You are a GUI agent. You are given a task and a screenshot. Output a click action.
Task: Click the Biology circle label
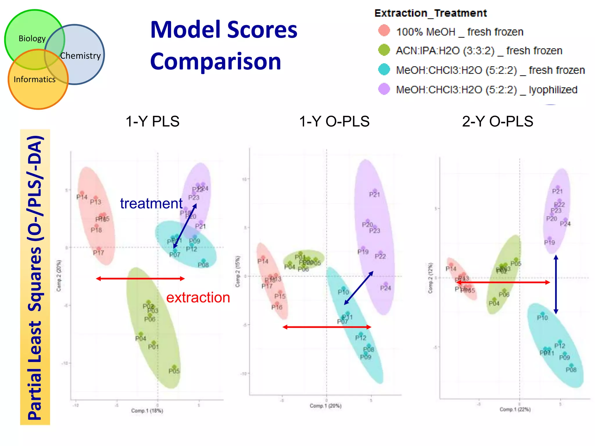point(32,38)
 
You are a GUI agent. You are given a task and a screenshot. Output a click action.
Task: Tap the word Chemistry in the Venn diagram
point(80,55)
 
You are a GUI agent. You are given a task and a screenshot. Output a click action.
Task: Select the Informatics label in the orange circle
point(34,79)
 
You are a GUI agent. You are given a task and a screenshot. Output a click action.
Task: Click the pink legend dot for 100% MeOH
point(384,31)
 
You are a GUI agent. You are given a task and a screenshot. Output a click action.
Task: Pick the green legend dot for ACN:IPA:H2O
point(384,50)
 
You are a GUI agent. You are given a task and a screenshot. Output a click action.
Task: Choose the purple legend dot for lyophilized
point(384,89)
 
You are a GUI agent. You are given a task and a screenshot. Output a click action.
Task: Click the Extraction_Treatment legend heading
point(430,13)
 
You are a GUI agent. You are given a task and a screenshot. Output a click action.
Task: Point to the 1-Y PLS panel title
point(152,121)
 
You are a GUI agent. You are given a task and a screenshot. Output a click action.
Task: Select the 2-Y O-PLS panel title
point(497,121)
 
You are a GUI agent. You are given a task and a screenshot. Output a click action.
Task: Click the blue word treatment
point(151,203)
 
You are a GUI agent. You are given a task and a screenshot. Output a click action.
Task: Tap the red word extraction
point(198,298)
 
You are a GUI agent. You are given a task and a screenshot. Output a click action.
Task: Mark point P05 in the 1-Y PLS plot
point(174,367)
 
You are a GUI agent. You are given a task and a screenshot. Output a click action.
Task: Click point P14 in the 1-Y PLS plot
point(82,193)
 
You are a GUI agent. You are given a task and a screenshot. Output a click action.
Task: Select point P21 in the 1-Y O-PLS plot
point(375,191)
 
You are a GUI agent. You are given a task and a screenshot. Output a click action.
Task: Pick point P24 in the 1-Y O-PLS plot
point(386,284)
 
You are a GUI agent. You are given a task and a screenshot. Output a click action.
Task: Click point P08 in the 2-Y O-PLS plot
point(571,366)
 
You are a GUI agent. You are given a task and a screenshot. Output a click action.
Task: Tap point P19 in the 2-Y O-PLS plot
point(549,239)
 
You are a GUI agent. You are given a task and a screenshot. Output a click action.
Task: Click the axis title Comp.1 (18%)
point(147,411)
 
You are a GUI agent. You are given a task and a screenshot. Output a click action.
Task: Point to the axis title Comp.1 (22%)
point(515,409)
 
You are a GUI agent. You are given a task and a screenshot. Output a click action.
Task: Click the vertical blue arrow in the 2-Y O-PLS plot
point(556,285)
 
